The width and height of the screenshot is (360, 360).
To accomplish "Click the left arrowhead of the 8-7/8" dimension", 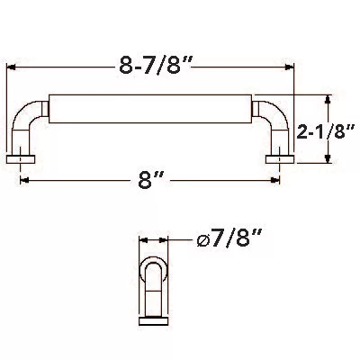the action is [x=11, y=67].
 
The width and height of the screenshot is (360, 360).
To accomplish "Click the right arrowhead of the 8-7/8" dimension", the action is [x=289, y=67].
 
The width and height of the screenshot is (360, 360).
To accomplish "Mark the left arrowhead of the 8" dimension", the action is [x=24, y=180].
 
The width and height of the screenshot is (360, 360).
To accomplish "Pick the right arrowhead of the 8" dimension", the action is [x=275, y=180].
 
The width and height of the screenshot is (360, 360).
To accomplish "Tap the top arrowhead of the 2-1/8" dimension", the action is [x=328, y=99].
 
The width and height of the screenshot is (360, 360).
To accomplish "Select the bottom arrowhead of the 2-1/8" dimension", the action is [x=328, y=158].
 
